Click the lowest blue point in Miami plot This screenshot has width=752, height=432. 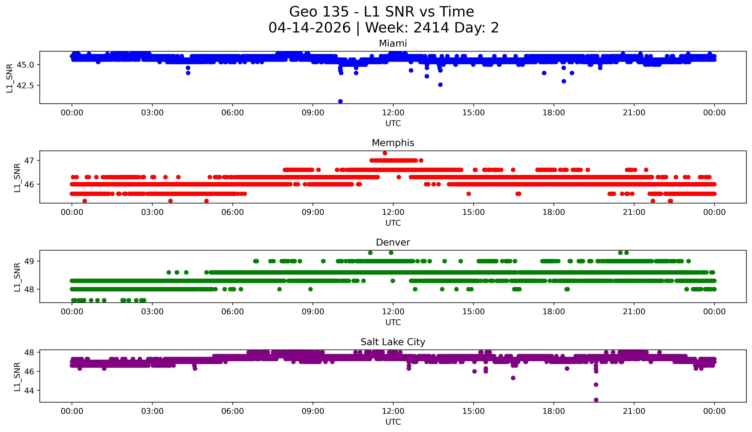[340, 101]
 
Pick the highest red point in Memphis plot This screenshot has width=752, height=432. [385, 153]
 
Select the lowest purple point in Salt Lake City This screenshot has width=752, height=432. [596, 400]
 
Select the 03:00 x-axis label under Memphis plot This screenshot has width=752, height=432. [152, 212]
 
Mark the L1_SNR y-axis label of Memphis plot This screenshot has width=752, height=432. [17, 177]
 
